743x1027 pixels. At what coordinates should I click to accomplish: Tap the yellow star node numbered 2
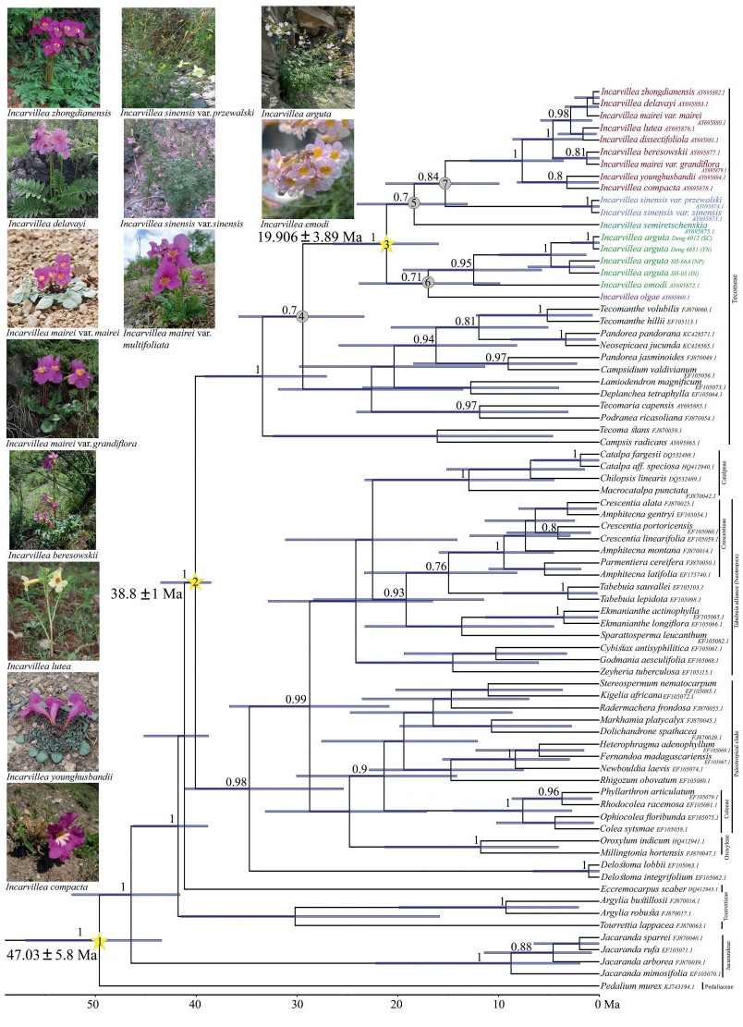click(196, 581)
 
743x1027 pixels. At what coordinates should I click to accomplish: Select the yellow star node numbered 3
click(388, 244)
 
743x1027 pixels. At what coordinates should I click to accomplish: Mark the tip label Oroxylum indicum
click(634, 866)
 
